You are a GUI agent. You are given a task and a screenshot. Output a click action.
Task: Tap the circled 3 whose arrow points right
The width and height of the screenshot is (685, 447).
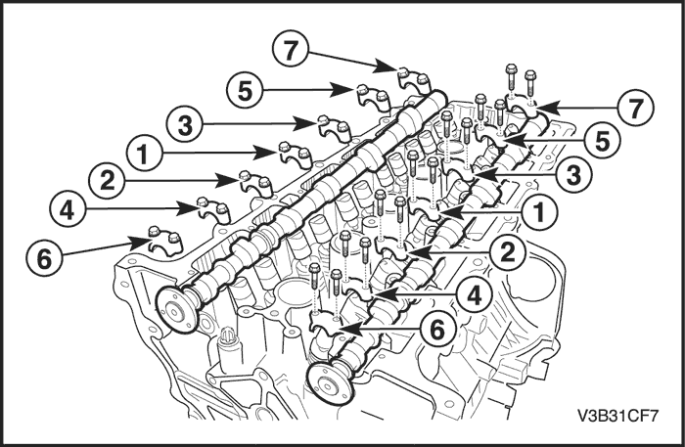pyautogui.click(x=185, y=125)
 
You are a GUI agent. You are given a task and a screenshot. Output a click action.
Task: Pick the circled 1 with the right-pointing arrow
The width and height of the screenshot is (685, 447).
pyautogui.click(x=143, y=154)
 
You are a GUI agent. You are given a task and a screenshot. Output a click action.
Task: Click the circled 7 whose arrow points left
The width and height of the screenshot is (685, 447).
pyautogui.click(x=637, y=108)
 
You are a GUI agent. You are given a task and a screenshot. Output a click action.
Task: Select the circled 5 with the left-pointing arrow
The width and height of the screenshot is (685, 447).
pyautogui.click(x=603, y=141)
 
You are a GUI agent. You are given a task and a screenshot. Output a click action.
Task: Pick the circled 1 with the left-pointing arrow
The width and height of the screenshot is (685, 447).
pyautogui.click(x=539, y=209)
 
